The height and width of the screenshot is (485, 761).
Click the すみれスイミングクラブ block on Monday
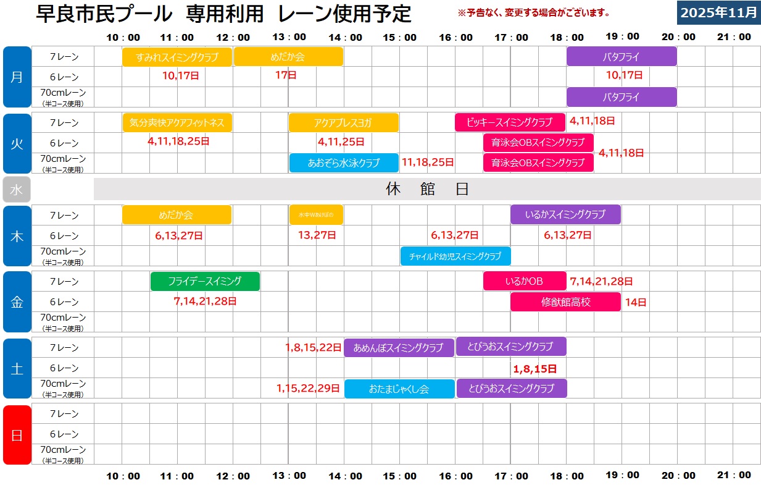(177, 57)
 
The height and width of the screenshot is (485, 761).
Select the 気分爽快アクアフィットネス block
(177, 122)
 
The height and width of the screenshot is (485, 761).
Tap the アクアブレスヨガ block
(343, 122)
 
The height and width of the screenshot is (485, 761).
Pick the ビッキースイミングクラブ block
(510, 122)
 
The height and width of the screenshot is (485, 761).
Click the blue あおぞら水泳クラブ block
(343, 163)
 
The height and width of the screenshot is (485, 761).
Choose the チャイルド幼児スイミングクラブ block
(455, 256)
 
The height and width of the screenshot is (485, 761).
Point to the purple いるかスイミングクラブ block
(565, 215)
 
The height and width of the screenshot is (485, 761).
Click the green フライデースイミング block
(205, 281)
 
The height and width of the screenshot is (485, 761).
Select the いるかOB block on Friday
(525, 281)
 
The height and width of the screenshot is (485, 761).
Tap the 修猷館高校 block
(565, 302)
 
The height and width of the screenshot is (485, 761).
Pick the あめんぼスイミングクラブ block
(399, 348)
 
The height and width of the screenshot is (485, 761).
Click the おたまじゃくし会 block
(399, 389)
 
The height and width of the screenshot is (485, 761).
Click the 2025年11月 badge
(718, 12)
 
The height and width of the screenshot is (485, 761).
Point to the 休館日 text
(427, 189)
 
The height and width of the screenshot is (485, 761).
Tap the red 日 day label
(17, 435)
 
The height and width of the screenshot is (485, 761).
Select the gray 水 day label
(17, 190)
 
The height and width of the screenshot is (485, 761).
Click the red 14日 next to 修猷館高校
(635, 302)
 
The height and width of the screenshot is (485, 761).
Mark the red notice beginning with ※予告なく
(533, 12)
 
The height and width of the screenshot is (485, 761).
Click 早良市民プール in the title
(104, 13)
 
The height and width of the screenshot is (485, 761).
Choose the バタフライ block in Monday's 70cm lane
(622, 97)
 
